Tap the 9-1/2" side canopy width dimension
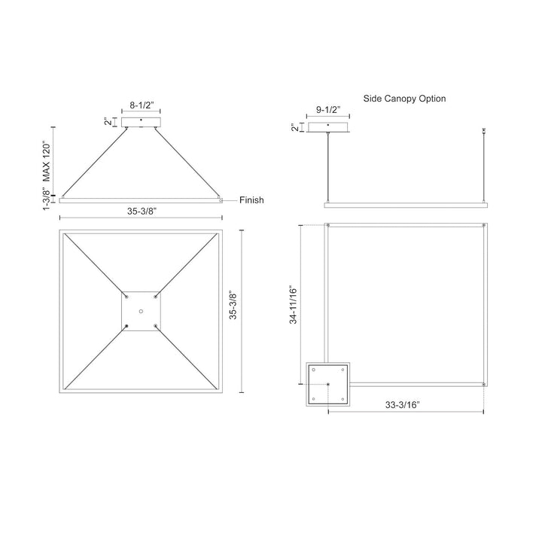point(327,110)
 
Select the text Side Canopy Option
point(415,99)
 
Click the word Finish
point(251,200)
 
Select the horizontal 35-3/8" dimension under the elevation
point(142,212)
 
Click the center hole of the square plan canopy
point(141,311)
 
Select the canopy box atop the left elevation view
point(141,122)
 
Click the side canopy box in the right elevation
point(329,126)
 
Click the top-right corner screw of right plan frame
point(483,226)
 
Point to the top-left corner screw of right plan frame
point(329,226)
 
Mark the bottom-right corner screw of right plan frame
point(483,385)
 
